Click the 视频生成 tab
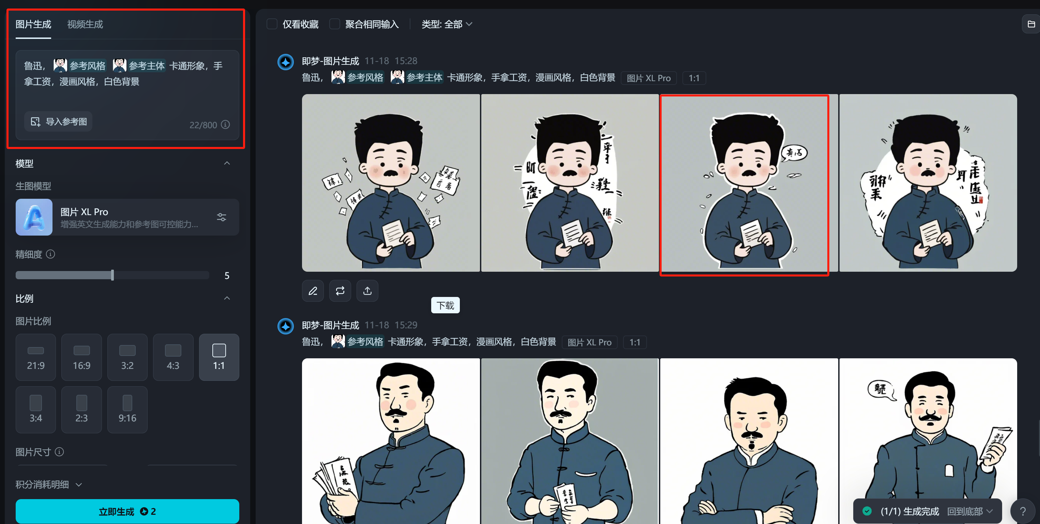(85, 24)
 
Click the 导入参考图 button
(59, 121)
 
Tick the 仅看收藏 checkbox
(272, 24)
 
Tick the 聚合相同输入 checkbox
(335, 24)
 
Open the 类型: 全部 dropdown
(447, 24)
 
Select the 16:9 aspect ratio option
(81, 357)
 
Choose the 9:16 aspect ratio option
(127, 410)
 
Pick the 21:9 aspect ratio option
(35, 357)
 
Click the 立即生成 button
(127, 511)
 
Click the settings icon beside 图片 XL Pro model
(221, 217)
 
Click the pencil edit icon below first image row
(313, 291)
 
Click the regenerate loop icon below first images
(340, 291)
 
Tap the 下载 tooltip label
(445, 305)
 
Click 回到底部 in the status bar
(969, 511)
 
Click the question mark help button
(1023, 511)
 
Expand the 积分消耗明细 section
(48, 484)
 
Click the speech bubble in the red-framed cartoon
(794, 153)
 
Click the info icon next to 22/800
(226, 125)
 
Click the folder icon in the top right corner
(1031, 24)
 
